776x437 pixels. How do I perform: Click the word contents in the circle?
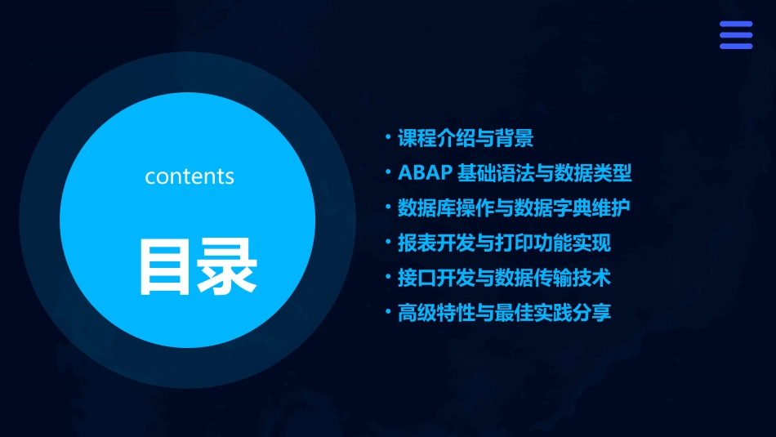pyautogui.click(x=190, y=176)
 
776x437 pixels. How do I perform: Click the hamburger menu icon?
pyautogui.click(x=736, y=35)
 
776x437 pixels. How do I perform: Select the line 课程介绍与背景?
pyautogui.click(x=466, y=139)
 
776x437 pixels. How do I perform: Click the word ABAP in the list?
pyautogui.click(x=423, y=173)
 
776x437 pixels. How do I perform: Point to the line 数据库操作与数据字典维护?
pyautogui.click(x=514, y=208)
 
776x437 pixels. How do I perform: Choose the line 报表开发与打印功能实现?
pyautogui.click(x=504, y=243)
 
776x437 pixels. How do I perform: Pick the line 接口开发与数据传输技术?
pyautogui.click(x=504, y=278)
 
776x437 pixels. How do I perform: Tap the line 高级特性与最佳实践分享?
pyautogui.click(x=504, y=312)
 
